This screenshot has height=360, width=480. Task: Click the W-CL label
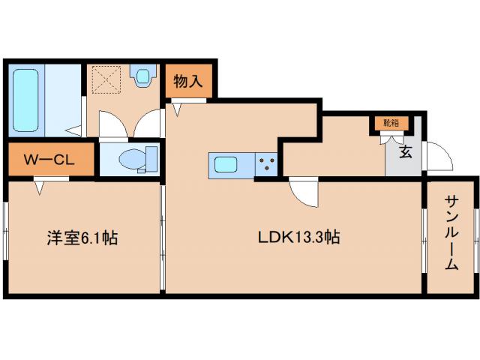click(x=49, y=160)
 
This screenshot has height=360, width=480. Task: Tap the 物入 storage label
click(x=187, y=80)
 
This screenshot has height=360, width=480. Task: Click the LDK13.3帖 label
click(x=300, y=238)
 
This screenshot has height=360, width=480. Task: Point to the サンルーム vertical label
click(x=451, y=232)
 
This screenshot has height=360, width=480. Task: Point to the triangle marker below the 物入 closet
click(x=178, y=109)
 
